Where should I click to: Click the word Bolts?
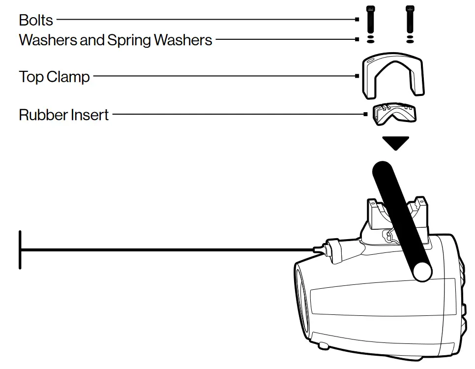36,20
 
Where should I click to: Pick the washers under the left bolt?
370,39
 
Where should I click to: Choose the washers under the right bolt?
409,39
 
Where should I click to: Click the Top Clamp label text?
54,77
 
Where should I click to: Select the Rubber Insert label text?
64,115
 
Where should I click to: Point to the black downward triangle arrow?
396,143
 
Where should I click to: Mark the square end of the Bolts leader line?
357,20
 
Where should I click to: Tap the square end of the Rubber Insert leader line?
365,115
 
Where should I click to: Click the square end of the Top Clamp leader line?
357,76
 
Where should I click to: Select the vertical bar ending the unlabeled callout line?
20,250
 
